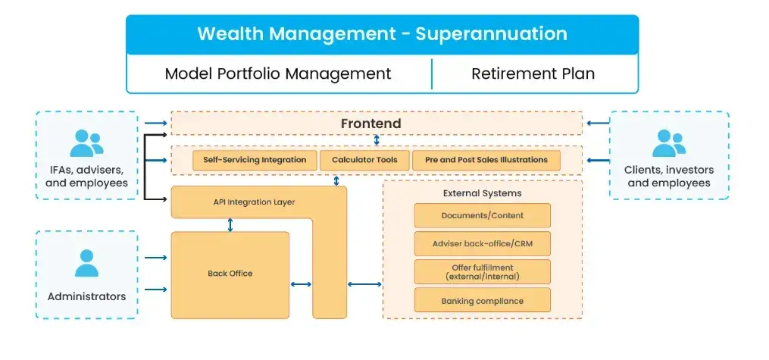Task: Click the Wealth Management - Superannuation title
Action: pos(382,34)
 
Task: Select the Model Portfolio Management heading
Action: pos(278,74)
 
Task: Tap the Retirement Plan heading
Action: pos(533,74)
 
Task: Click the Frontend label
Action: pos(370,123)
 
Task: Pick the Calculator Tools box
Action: pos(364,160)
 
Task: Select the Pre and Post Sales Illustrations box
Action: pos(486,160)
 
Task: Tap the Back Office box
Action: pos(230,274)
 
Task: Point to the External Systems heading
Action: pos(482,193)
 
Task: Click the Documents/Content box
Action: pos(482,215)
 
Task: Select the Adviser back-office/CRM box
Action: pos(482,243)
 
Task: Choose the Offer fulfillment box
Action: pos(482,271)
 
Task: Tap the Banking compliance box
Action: pos(482,301)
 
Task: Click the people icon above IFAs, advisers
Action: pos(86,142)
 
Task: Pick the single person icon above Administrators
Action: pos(86,263)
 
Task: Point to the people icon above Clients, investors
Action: pos(668,142)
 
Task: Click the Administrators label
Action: pos(86,296)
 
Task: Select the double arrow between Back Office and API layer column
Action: pos(301,285)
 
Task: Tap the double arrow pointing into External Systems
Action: pos(364,285)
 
